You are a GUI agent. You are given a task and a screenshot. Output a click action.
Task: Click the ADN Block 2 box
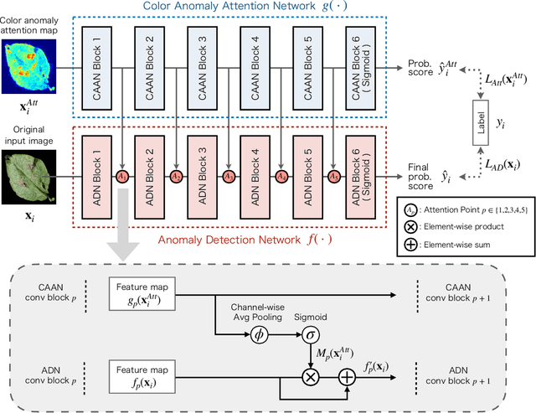click(148, 177)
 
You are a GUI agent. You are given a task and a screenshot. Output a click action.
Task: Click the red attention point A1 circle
click(122, 177)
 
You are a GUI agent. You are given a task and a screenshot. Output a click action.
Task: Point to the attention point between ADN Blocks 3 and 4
click(229, 177)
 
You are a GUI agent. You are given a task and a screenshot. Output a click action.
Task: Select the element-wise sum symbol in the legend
click(410, 245)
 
